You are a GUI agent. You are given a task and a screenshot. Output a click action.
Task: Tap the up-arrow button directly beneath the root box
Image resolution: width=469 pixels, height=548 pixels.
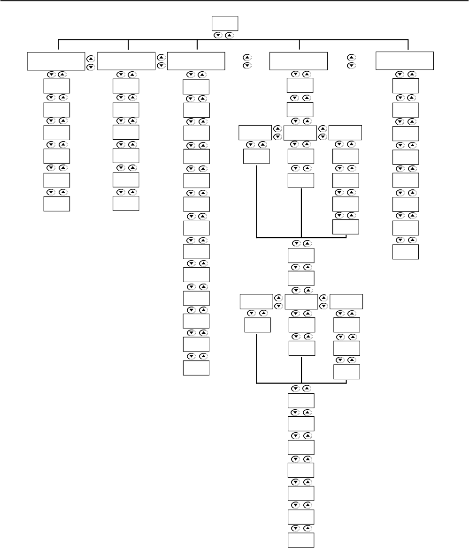pyautogui.click(x=230, y=36)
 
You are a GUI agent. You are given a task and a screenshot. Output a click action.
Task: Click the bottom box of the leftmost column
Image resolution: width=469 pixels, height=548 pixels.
pyautogui.click(x=56, y=204)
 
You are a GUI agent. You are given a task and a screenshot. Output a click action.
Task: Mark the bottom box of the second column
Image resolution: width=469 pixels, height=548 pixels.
pyautogui.click(x=126, y=204)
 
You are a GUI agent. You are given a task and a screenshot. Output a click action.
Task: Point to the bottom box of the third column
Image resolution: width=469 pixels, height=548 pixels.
pyautogui.click(x=196, y=368)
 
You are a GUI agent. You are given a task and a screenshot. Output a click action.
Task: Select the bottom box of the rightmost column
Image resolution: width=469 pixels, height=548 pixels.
pyautogui.click(x=405, y=251)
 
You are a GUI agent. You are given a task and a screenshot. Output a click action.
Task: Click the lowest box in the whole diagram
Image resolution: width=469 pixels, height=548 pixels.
pyautogui.click(x=300, y=540)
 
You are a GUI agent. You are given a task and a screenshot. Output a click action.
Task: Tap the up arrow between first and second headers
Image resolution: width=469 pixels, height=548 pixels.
pyautogui.click(x=91, y=59)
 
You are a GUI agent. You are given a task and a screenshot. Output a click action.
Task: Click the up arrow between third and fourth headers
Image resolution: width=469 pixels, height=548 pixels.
pyautogui.click(x=245, y=57)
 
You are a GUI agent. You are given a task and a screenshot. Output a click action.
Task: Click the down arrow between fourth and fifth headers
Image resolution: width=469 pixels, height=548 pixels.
pyautogui.click(x=350, y=65)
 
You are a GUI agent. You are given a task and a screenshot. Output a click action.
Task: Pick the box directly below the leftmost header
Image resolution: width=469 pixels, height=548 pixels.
pyautogui.click(x=56, y=86)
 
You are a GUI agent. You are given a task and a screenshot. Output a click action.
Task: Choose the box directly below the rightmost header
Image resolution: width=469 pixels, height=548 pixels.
pyautogui.click(x=405, y=86)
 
